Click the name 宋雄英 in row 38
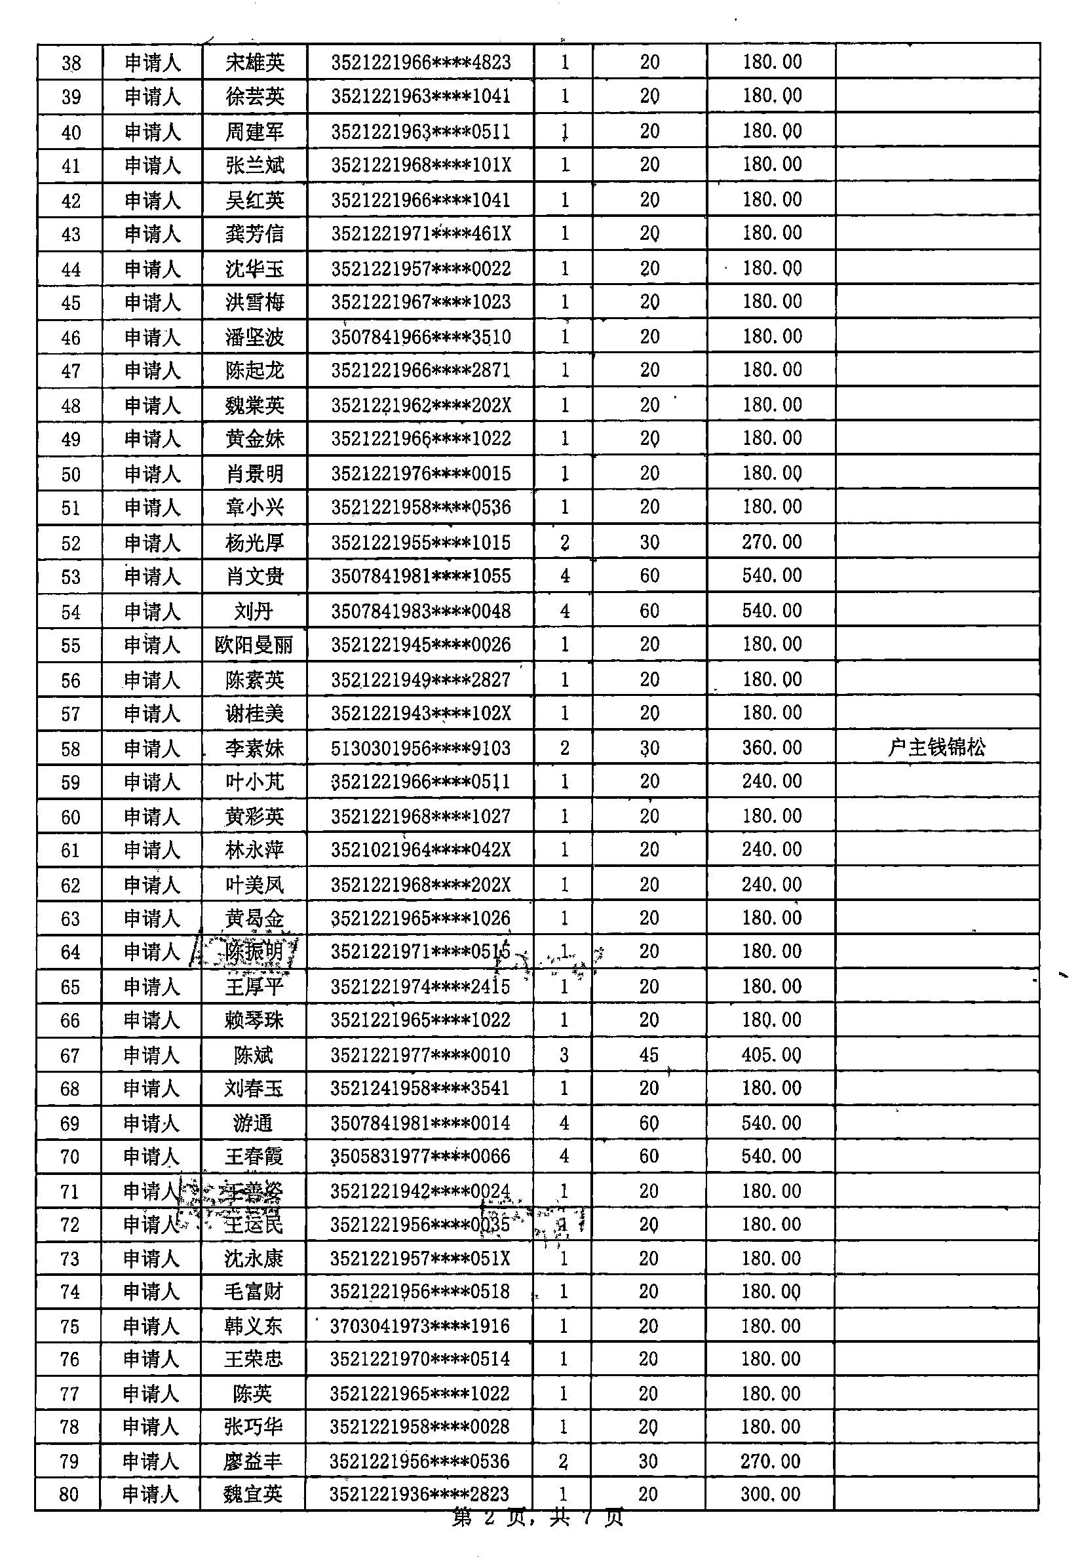coord(254,63)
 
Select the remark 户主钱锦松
coord(936,748)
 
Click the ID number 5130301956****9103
coord(420,748)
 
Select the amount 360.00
coord(771,748)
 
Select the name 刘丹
coord(254,611)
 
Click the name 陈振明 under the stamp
coord(254,952)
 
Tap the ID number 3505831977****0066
coord(419,1156)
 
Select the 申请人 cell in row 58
coord(151,748)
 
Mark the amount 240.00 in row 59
coord(771,782)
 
